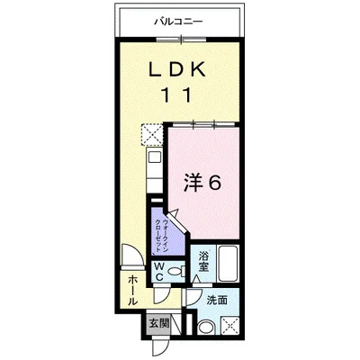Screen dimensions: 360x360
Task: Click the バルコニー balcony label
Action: (x=179, y=22)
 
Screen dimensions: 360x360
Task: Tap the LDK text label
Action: (x=178, y=69)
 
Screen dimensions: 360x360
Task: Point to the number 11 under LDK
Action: (x=176, y=94)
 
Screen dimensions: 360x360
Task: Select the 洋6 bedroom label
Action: (x=202, y=183)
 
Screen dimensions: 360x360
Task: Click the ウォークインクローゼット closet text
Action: (x=163, y=237)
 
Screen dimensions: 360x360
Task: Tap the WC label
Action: (x=159, y=272)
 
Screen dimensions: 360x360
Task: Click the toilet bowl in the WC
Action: (x=177, y=272)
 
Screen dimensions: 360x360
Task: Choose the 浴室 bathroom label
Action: (x=203, y=261)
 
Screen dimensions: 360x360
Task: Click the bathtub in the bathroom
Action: (x=228, y=264)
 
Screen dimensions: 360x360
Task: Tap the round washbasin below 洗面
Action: (x=206, y=328)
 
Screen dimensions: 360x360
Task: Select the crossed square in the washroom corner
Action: (x=229, y=326)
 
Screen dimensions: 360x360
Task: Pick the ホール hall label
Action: (x=132, y=291)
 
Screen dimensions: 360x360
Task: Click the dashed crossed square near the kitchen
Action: (x=152, y=134)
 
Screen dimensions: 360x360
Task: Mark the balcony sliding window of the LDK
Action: (x=182, y=40)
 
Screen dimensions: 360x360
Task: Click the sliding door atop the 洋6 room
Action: (x=204, y=124)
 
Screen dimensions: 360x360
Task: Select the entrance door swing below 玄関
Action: (x=160, y=347)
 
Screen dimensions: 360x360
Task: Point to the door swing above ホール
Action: (x=132, y=255)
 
